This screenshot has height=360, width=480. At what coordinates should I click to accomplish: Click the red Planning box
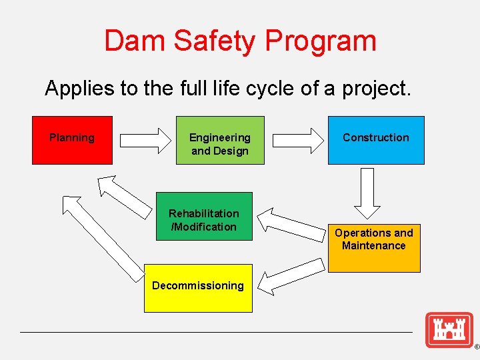coord(72,140)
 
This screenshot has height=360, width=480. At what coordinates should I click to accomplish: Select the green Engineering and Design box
coord(219,140)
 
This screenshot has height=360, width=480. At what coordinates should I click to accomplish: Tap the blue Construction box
coord(375,140)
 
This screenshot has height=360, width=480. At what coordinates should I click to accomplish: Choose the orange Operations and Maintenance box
coord(373,248)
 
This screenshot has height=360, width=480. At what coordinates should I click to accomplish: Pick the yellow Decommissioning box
coord(198,287)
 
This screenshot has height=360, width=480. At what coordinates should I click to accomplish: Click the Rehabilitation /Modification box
coord(203,216)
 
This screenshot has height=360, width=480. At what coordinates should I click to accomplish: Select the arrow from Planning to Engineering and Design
coord(145,140)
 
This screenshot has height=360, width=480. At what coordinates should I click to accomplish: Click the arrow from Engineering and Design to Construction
coord(297,140)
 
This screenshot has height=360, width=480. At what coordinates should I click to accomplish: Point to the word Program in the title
coord(321,41)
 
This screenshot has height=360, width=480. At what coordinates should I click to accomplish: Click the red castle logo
coord(449,329)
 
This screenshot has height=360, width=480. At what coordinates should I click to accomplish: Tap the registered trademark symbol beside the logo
coord(476,347)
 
